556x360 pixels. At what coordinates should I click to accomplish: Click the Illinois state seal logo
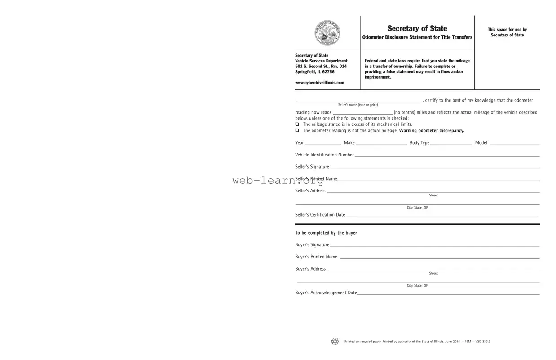(x=327, y=32)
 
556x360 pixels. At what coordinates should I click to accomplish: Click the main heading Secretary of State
(x=417, y=28)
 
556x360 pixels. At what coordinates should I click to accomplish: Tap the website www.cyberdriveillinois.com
(x=319, y=83)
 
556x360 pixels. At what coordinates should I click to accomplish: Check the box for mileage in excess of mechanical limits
(x=297, y=124)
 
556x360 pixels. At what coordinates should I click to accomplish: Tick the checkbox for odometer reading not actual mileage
(x=297, y=131)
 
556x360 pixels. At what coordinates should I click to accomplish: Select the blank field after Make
(x=381, y=143)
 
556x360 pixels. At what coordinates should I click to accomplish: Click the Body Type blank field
(x=450, y=143)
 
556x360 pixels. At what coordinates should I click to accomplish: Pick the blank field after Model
(x=514, y=143)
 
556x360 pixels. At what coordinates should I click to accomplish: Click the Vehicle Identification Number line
(x=446, y=155)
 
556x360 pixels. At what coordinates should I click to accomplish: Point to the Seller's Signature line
(x=434, y=167)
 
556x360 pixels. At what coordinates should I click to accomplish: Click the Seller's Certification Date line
(x=441, y=215)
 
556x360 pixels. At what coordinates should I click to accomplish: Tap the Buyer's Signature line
(x=434, y=245)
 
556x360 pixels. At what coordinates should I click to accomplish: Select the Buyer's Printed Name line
(x=439, y=257)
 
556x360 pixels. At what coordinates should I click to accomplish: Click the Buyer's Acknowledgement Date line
(x=448, y=293)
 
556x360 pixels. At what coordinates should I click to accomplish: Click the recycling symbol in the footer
(x=335, y=342)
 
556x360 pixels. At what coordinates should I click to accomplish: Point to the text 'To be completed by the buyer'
(x=326, y=233)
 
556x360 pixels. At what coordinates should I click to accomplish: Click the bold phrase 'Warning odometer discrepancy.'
(x=432, y=131)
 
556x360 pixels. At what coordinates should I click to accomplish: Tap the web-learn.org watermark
(x=278, y=181)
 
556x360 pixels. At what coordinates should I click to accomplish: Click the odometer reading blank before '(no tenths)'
(x=362, y=113)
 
